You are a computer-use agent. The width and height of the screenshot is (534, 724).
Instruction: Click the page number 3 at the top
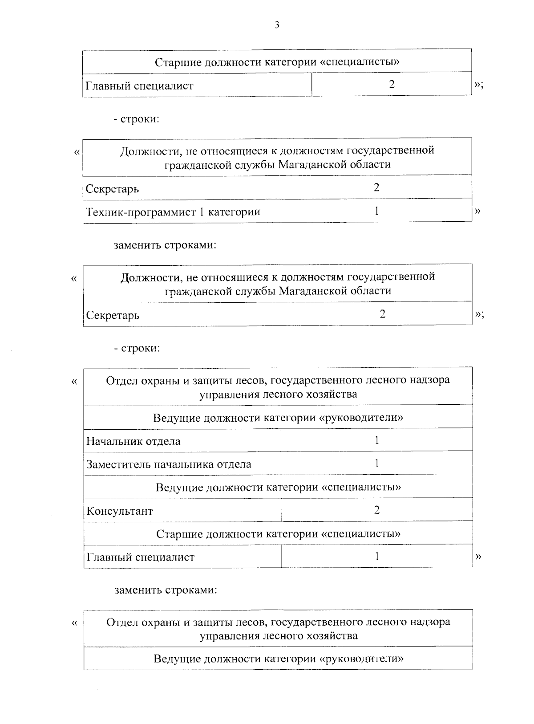[x=277, y=25]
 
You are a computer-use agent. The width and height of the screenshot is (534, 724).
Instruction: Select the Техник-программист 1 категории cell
[x=173, y=212]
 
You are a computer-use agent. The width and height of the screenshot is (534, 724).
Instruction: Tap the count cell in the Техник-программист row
[x=376, y=211]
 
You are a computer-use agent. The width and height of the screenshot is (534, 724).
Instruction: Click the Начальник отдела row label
[x=133, y=441]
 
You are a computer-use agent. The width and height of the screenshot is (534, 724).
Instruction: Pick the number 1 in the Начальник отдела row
[x=376, y=440]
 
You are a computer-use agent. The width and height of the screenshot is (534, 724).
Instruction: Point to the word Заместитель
[x=118, y=464]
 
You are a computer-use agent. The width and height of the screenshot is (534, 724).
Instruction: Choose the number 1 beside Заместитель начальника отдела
[x=376, y=464]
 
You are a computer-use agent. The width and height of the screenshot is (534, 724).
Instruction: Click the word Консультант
[x=120, y=511]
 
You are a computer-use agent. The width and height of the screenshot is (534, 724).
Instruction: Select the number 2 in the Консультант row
[x=376, y=510]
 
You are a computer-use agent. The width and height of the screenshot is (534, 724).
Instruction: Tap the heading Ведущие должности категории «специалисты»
[x=278, y=487]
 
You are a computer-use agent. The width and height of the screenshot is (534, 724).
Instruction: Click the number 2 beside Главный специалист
[x=392, y=84]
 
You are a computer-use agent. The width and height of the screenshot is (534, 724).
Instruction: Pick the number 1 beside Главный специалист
[x=376, y=556]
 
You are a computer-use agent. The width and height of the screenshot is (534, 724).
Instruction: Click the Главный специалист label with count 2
[x=139, y=85]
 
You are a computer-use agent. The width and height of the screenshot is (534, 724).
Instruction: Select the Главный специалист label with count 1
[x=141, y=557]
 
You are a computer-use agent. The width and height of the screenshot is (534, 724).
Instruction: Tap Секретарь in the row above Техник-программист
[x=112, y=189]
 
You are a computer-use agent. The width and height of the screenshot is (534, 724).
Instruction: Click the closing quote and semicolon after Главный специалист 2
[x=479, y=85]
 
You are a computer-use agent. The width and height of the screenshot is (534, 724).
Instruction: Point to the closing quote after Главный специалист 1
[x=478, y=556]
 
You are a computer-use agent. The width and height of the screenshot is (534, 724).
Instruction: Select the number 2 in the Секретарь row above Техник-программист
[x=376, y=187]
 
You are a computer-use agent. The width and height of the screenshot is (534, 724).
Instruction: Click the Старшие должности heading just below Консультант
[x=278, y=533]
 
